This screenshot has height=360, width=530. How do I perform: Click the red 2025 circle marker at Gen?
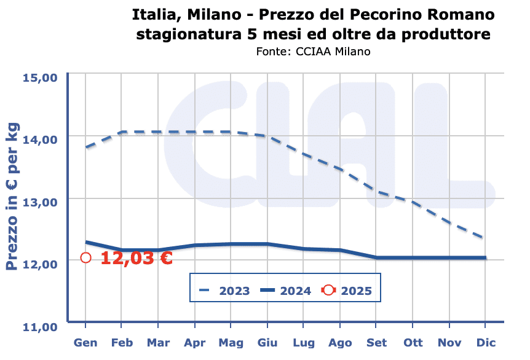[x=86, y=258]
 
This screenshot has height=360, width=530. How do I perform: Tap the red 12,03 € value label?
[x=136, y=258]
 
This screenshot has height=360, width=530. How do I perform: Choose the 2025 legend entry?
[x=347, y=291]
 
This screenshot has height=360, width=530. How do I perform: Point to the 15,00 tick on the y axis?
[x=40, y=78]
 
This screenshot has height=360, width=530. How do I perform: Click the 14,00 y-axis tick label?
[x=40, y=140]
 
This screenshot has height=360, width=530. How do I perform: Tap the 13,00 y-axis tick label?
[x=40, y=203]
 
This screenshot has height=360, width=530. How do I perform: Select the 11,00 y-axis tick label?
[x=40, y=327]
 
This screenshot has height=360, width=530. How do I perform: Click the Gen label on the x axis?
[x=86, y=343]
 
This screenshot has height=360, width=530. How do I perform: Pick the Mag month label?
[x=231, y=343]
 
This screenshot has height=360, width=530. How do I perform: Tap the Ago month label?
[x=340, y=343]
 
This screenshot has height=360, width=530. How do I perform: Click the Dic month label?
[x=486, y=343]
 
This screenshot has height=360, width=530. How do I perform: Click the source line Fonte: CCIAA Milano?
[x=313, y=52]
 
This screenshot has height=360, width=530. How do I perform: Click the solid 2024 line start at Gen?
[x=86, y=242]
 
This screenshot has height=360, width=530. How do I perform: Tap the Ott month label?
[x=413, y=343]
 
